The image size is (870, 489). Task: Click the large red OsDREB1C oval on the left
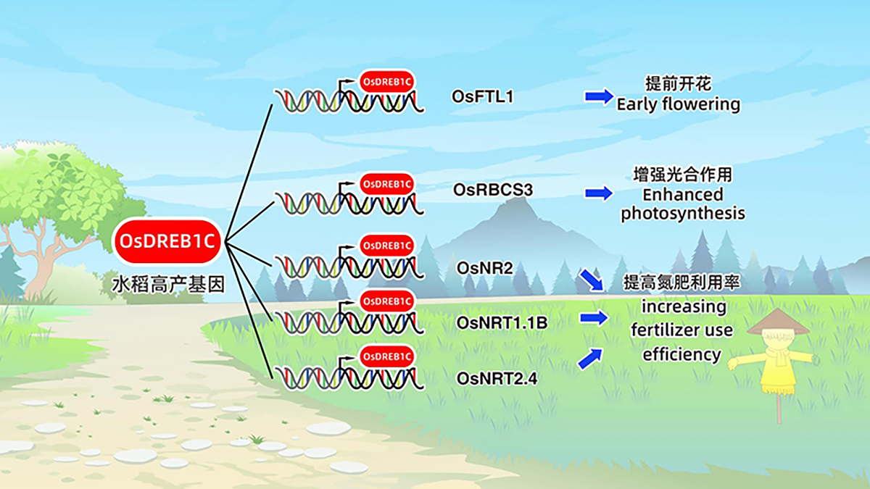[x=167, y=241]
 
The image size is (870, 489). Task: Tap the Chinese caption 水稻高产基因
[x=168, y=285]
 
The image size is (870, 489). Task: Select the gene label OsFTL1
[x=482, y=96]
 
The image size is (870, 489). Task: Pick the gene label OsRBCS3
[x=493, y=190]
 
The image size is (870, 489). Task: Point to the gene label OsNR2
[x=485, y=268]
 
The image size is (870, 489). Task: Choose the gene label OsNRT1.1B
[x=502, y=322]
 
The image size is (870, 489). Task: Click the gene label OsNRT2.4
[x=497, y=378]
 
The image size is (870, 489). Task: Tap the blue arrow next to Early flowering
[x=600, y=96]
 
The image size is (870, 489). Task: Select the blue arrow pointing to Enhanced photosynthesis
[x=599, y=193]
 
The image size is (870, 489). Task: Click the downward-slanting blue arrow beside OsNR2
[x=592, y=280]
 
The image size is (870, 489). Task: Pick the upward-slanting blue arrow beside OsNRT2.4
[x=590, y=359]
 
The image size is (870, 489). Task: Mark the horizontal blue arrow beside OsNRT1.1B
[x=594, y=318]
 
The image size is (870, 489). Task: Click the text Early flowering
[x=678, y=105]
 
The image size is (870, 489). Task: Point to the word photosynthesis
[x=683, y=214]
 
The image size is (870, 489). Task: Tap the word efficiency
[x=681, y=354]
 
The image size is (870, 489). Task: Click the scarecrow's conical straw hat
[x=778, y=322]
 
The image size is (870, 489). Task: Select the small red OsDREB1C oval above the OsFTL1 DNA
[x=387, y=81]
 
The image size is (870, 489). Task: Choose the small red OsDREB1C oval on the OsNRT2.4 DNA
[x=387, y=356]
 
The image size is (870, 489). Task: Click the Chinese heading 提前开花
[x=678, y=83]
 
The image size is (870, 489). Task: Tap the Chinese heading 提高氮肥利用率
[x=681, y=283]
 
